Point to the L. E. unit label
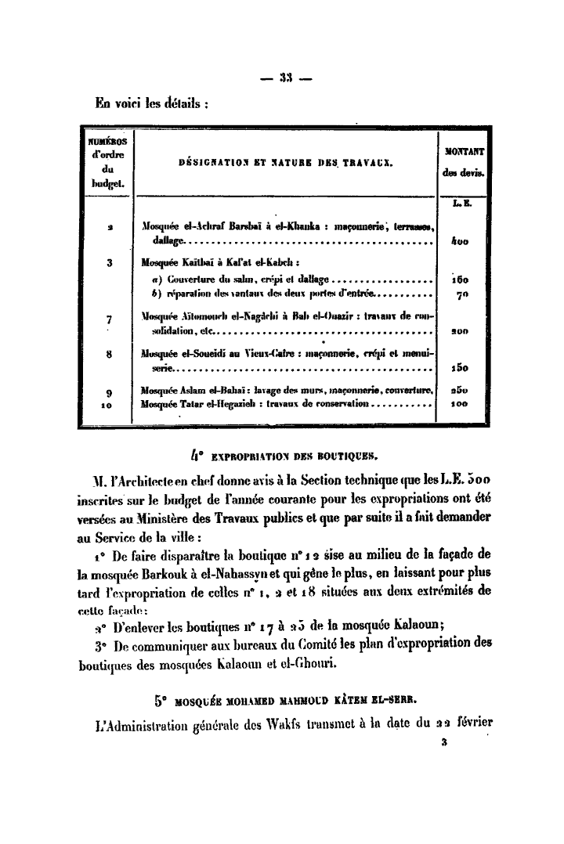[458, 204]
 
